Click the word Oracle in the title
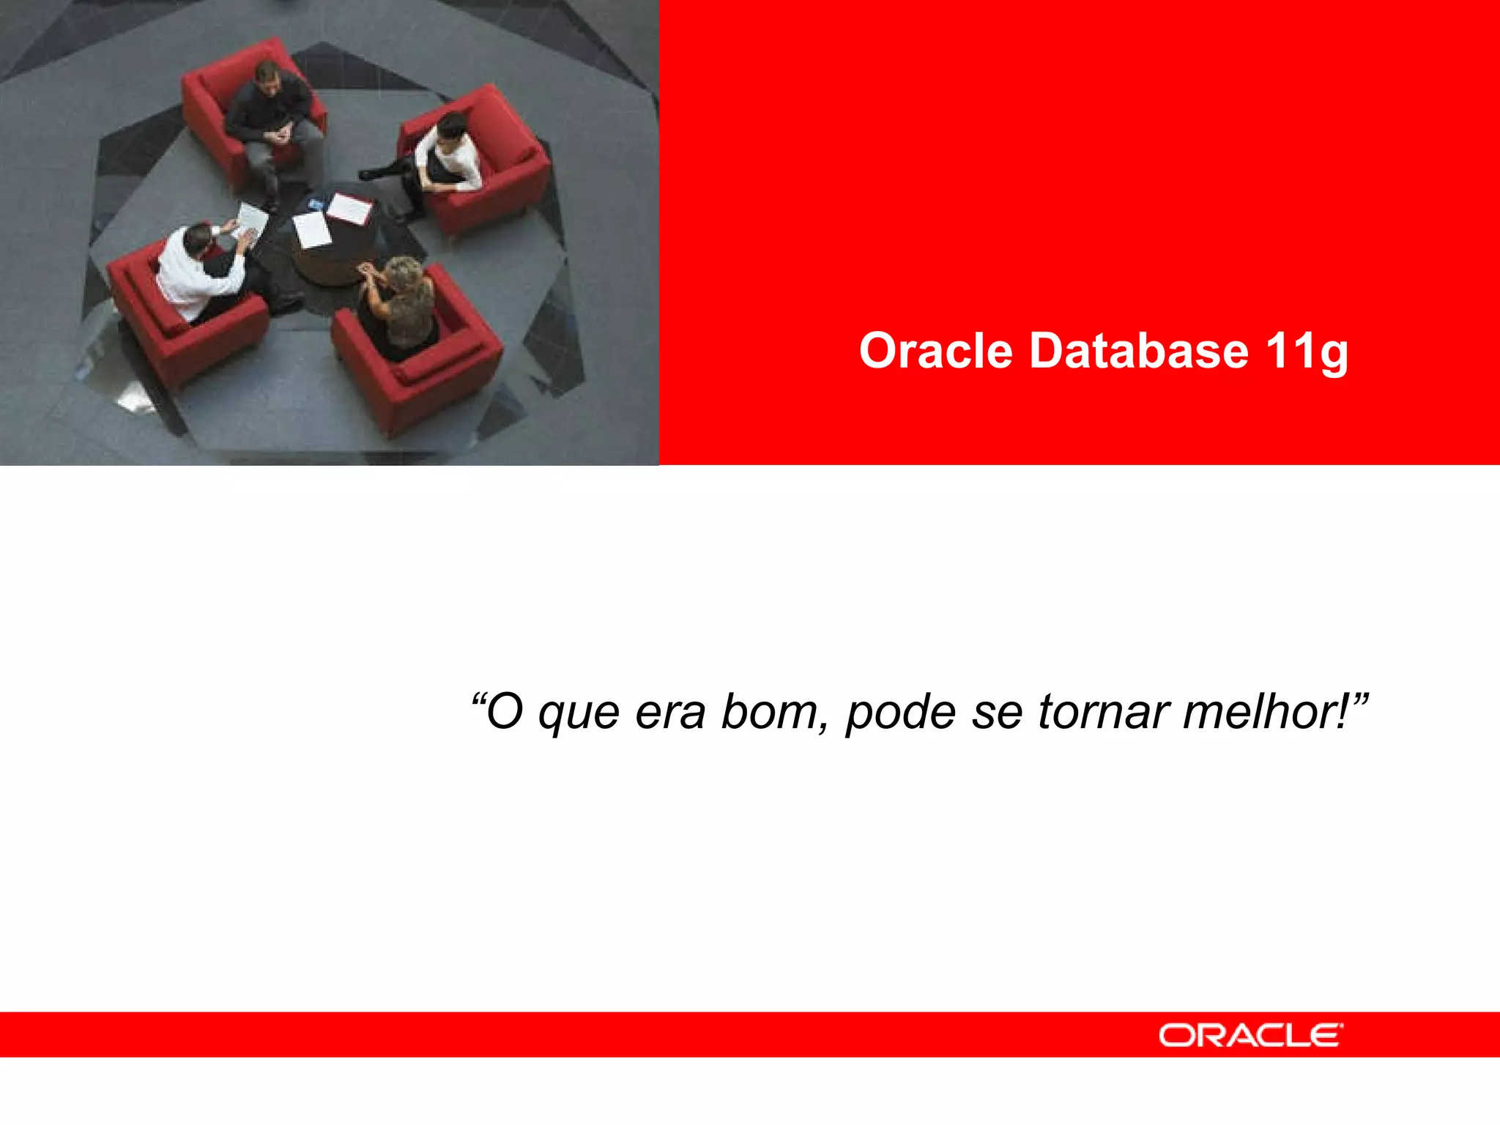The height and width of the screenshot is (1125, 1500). click(935, 351)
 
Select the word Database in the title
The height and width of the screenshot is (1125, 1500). click(1138, 351)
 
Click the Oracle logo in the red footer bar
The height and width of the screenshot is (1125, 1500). click(1250, 1036)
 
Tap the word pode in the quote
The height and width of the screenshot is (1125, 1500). click(900, 713)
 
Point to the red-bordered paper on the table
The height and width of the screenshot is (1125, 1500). click(349, 209)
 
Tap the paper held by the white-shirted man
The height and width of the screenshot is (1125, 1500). click(250, 220)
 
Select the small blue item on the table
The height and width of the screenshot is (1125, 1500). click(316, 201)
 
